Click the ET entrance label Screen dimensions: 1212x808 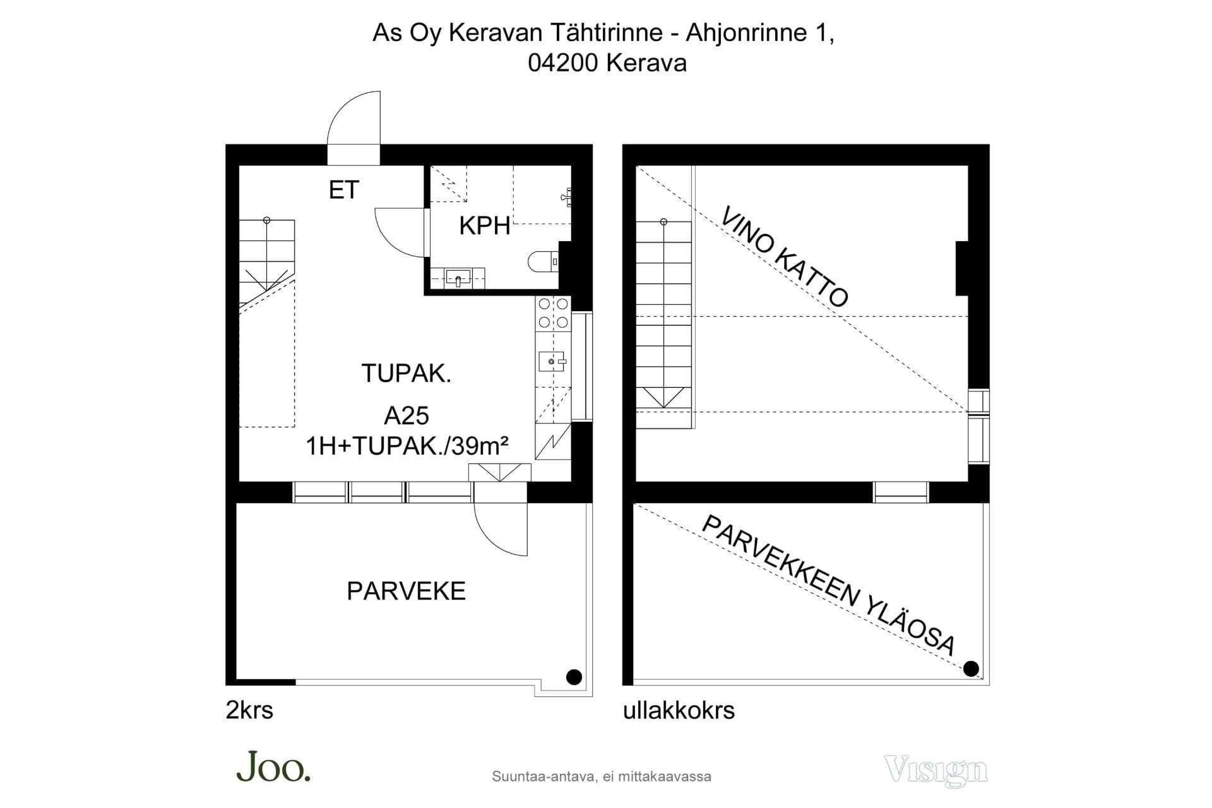[x=344, y=190]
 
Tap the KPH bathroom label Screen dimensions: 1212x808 [x=484, y=226]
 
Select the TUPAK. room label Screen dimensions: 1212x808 [x=406, y=374]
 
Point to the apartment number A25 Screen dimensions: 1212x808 [x=407, y=416]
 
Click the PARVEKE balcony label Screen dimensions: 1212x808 [x=407, y=591]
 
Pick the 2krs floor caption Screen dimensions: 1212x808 [x=249, y=710]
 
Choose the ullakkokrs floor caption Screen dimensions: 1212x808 [x=679, y=710]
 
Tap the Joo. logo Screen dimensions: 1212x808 [x=273, y=766]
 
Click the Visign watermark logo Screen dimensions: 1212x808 [x=936, y=771]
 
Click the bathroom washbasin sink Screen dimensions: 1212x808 [x=458, y=278]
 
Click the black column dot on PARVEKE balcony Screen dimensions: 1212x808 [x=574, y=677]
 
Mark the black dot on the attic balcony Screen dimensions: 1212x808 [x=971, y=668]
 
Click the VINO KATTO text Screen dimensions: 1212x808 [x=785, y=256]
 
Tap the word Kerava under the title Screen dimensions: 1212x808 [x=646, y=63]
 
